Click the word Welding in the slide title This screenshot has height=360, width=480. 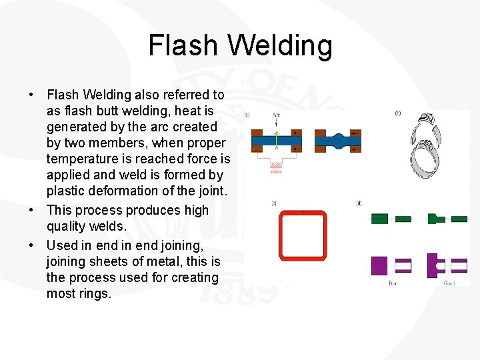(279, 46)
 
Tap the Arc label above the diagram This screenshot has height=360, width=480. (276, 115)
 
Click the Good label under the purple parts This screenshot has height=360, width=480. (450, 283)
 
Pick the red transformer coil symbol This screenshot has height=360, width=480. (276, 167)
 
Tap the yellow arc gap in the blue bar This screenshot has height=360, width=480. (276, 141)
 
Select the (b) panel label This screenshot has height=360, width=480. (398, 113)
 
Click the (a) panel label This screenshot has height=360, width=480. (247, 115)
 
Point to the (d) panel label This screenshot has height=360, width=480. (359, 203)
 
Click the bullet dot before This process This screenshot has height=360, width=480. (31, 210)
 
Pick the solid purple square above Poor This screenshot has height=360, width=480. (379, 266)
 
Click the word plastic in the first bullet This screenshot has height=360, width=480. (67, 191)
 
